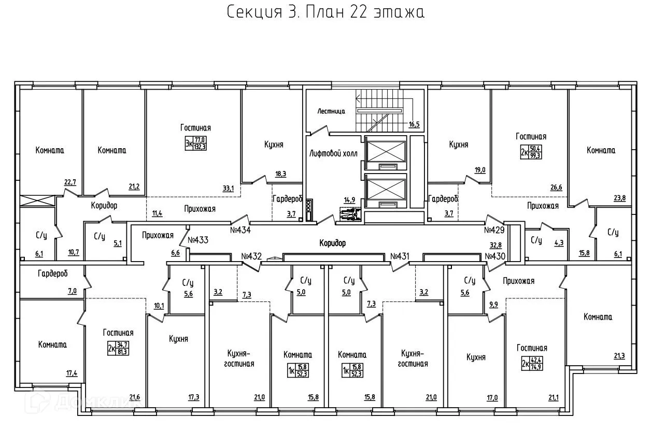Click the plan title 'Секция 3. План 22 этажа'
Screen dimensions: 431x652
(x=326, y=12)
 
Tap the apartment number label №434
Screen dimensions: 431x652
(x=240, y=229)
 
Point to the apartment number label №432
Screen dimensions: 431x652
(x=252, y=255)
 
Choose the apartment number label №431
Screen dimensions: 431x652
(x=400, y=255)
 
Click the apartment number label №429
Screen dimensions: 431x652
(x=495, y=229)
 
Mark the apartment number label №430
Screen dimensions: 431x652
(x=495, y=255)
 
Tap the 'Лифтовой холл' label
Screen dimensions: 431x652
(x=333, y=153)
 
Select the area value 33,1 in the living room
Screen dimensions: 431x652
(x=229, y=189)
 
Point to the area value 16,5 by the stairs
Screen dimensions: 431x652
(x=414, y=124)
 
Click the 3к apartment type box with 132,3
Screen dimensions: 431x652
(x=196, y=142)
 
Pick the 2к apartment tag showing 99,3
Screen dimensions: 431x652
(x=532, y=151)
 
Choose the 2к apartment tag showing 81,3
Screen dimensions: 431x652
(x=119, y=348)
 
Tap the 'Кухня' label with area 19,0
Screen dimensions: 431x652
(x=458, y=145)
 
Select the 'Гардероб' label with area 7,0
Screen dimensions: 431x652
(x=53, y=273)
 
